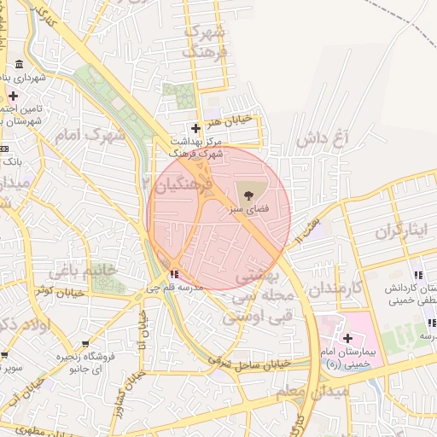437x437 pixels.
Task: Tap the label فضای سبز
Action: tap(248, 207)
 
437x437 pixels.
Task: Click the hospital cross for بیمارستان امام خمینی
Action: tap(347, 339)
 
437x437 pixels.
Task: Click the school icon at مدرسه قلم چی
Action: tap(175, 274)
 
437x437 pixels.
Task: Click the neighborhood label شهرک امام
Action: tap(89, 134)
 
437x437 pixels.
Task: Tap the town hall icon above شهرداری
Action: tap(19, 66)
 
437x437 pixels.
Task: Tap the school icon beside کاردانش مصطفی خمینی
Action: tap(418, 275)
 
